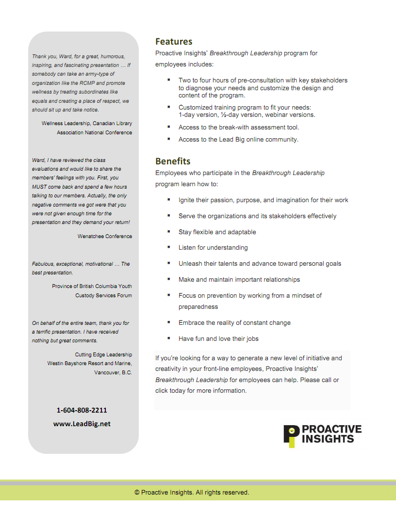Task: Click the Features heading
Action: pyautogui.click(x=174, y=42)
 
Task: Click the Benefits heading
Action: pyautogui.click(x=173, y=161)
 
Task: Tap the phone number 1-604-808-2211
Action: pyautogui.click(x=82, y=410)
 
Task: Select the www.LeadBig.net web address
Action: pyautogui.click(x=82, y=424)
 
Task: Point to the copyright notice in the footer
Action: pyautogui.click(x=192, y=493)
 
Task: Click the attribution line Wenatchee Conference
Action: pyautogui.click(x=104, y=237)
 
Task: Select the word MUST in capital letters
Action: pyautogui.click(x=40, y=187)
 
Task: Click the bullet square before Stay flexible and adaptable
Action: pyautogui.click(x=169, y=231)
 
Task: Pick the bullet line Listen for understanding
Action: pyautogui.click(x=213, y=248)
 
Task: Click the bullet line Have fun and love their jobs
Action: pyautogui.click(x=218, y=339)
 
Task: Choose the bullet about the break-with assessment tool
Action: pyautogui.click(x=239, y=128)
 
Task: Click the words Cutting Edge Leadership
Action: pyautogui.click(x=103, y=355)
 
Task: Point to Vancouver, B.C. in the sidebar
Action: pyautogui.click(x=113, y=373)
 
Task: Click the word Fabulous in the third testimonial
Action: pyautogui.click(x=43, y=264)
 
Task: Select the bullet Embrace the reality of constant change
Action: pyautogui.click(x=234, y=323)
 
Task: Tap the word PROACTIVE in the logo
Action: pyautogui.click(x=332, y=430)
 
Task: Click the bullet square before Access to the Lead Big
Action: pyautogui.click(x=169, y=139)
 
